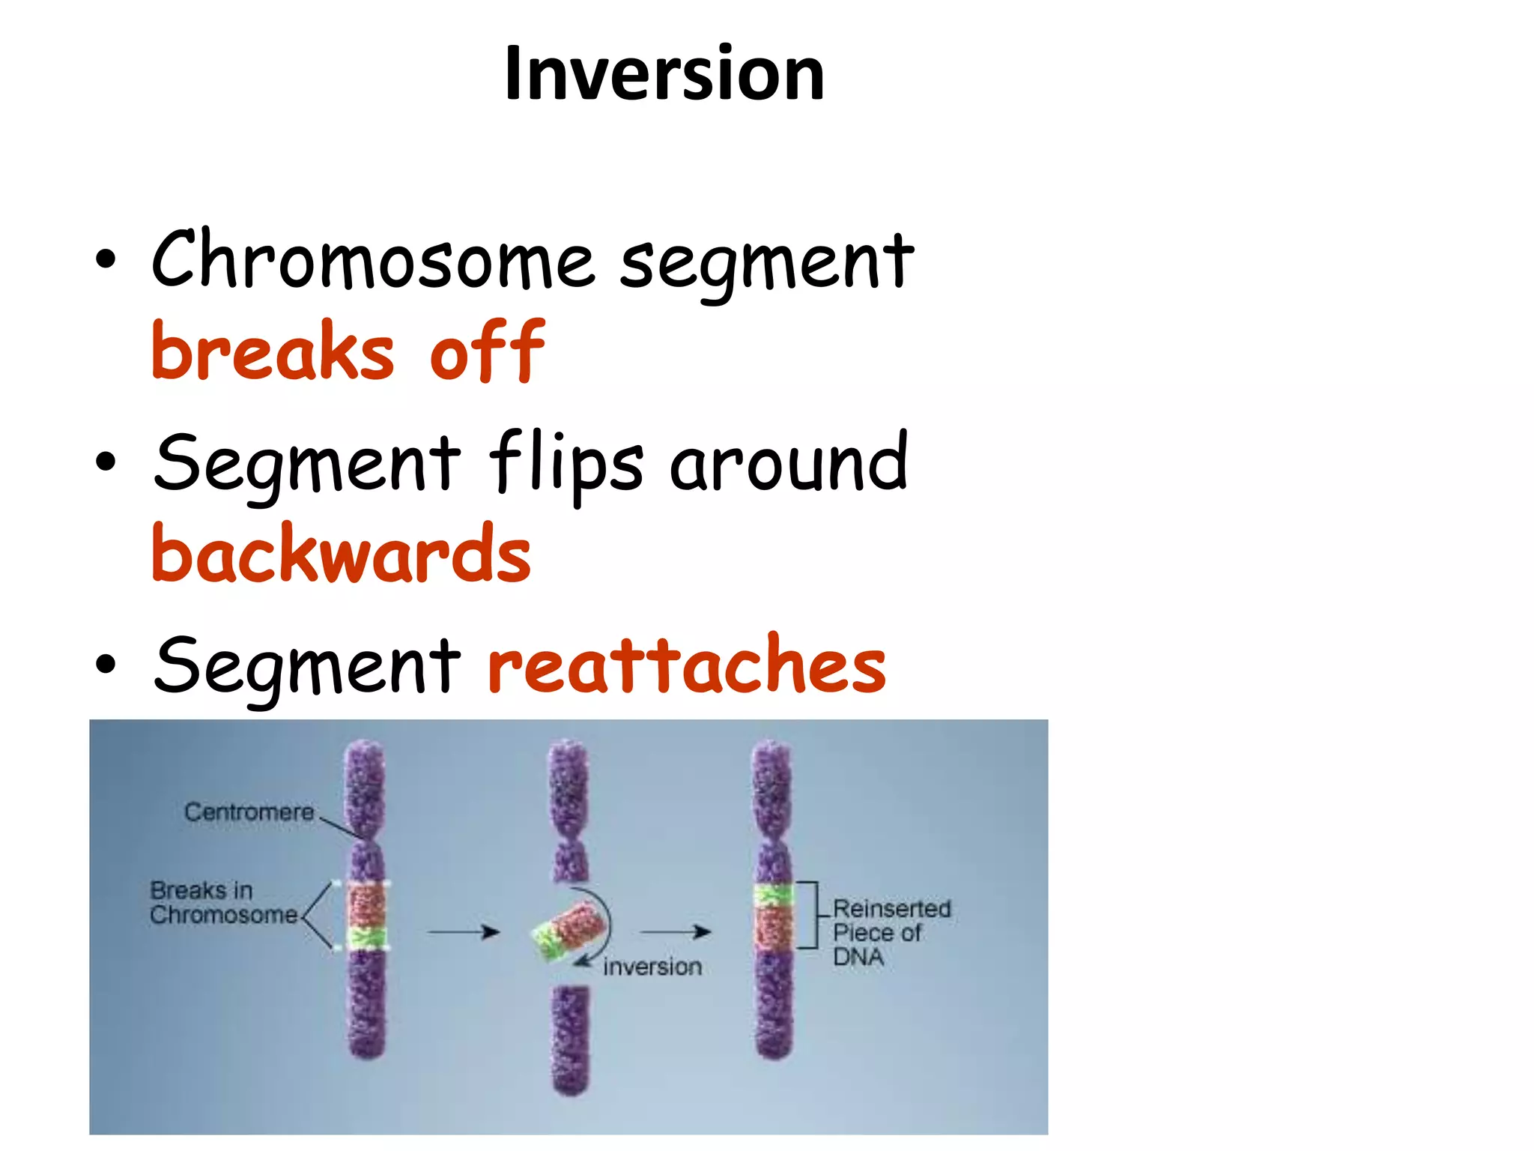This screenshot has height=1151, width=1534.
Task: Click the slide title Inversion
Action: pyautogui.click(x=664, y=73)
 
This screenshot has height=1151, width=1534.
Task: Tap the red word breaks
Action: pyautogui.click(x=273, y=351)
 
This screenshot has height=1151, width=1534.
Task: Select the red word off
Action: pyautogui.click(x=487, y=351)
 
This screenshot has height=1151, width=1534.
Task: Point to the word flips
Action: pyautogui.click(x=566, y=463)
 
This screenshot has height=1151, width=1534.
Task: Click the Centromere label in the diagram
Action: pyautogui.click(x=249, y=812)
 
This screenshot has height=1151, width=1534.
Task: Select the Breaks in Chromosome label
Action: pyautogui.click(x=222, y=902)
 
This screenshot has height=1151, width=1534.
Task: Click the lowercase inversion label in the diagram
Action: pyautogui.click(x=652, y=967)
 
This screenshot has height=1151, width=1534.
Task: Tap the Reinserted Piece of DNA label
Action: pyautogui.click(x=890, y=932)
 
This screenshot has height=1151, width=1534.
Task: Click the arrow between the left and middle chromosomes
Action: pyautogui.click(x=463, y=932)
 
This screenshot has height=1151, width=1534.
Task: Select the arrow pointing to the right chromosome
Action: pyautogui.click(x=676, y=932)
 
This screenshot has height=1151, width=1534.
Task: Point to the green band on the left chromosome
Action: pyautogui.click(x=366, y=937)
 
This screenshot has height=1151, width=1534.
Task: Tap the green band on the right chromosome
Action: pyautogui.click(x=773, y=895)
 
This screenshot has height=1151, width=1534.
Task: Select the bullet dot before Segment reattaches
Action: pyautogui.click(x=106, y=664)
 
